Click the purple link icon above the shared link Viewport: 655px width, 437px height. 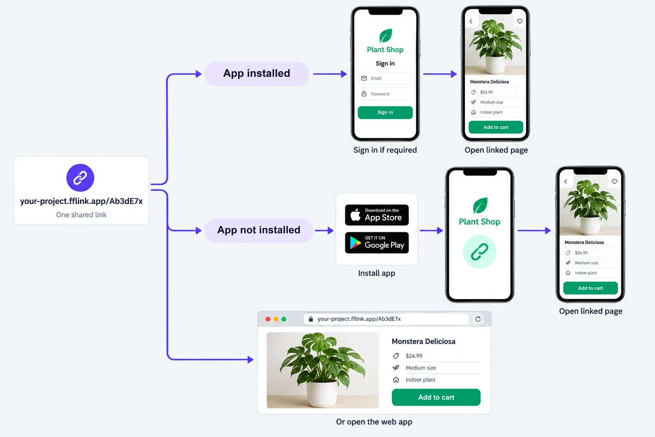click(80, 178)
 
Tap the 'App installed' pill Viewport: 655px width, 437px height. click(256, 74)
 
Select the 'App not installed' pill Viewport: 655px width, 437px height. click(258, 230)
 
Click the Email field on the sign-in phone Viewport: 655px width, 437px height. click(385, 78)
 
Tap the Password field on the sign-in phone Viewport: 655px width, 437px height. click(385, 93)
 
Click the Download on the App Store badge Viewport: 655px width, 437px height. click(377, 215)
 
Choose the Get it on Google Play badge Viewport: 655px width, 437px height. click(377, 243)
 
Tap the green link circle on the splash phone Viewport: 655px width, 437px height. click(480, 251)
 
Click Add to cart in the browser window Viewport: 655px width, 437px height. click(436, 397)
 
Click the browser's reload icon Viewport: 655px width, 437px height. click(478, 319)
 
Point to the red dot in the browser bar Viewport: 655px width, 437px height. click(267, 319)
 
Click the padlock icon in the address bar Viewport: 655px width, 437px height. click(311, 319)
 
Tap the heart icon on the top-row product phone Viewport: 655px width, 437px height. click(520, 21)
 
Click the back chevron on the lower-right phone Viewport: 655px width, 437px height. click(565, 181)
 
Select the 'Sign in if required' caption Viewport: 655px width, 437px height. click(385, 150)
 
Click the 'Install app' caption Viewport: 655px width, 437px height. click(377, 273)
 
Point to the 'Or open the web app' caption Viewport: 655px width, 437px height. click(374, 422)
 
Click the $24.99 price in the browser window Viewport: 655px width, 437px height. click(414, 356)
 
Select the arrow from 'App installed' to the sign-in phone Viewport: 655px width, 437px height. click(330, 74)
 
